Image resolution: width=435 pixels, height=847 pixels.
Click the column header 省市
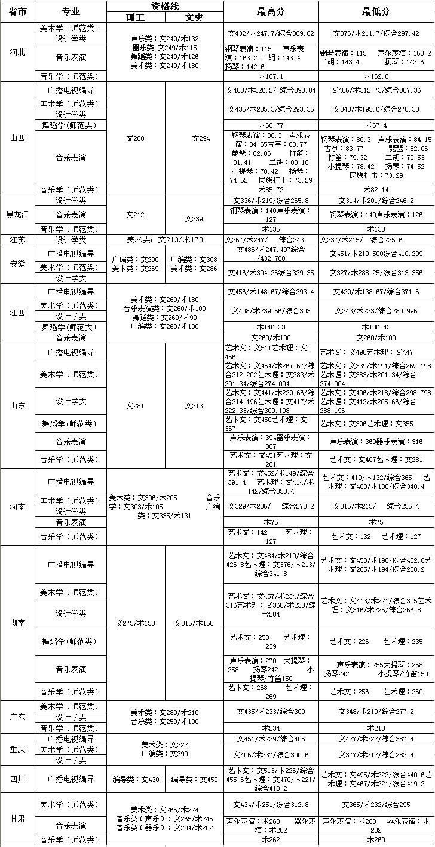click(x=17, y=11)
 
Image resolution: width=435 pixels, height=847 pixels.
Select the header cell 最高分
click(x=271, y=11)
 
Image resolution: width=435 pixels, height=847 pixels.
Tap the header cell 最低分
click(x=376, y=11)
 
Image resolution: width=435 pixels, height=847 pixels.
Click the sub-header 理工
click(x=136, y=17)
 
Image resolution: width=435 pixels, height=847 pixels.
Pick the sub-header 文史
click(x=194, y=17)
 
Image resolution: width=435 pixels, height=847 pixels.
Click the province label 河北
click(x=17, y=52)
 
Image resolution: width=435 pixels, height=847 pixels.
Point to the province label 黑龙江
click(x=17, y=214)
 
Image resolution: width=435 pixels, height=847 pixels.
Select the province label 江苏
click(x=17, y=239)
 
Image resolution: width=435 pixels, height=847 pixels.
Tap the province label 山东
click(x=17, y=405)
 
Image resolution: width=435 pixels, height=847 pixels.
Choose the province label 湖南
click(x=17, y=622)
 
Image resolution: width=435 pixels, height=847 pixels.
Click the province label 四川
click(x=17, y=779)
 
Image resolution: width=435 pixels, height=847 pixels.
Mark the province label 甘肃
click(x=17, y=818)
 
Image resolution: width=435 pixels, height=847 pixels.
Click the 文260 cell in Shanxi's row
click(x=136, y=138)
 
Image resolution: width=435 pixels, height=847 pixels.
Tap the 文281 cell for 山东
click(x=136, y=406)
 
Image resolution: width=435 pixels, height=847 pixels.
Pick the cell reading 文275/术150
click(x=136, y=623)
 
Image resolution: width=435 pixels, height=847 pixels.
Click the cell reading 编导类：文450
click(x=194, y=779)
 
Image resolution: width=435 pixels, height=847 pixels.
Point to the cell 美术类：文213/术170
click(x=165, y=239)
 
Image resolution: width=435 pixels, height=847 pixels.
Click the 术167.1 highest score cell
click(x=271, y=76)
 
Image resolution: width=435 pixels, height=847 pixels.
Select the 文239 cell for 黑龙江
click(x=194, y=218)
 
